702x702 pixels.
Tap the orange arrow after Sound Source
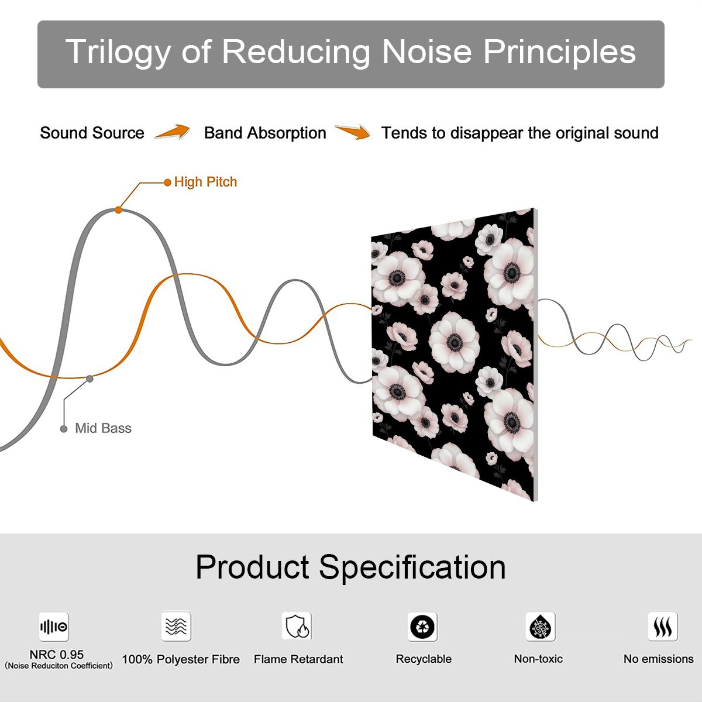tap(173, 132)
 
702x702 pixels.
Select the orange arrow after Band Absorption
tap(353, 132)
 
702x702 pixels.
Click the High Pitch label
tap(205, 182)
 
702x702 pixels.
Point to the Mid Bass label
tap(103, 428)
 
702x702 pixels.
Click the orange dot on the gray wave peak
tap(118, 210)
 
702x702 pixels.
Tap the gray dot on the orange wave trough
tap(90, 379)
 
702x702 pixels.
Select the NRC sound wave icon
tap(54, 627)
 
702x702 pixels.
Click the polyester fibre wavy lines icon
tap(176, 626)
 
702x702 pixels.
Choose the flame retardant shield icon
tap(297, 626)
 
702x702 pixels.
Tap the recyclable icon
tap(422, 627)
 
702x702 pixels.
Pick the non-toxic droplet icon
tap(541, 627)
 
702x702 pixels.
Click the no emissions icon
tap(663, 626)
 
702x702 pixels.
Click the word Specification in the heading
tap(412, 568)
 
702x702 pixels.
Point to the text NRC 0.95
tap(57, 655)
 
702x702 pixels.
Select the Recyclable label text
tap(424, 659)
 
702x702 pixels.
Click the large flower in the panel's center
tap(454, 341)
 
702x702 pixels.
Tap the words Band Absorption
tap(265, 133)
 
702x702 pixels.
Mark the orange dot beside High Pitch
tap(167, 183)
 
